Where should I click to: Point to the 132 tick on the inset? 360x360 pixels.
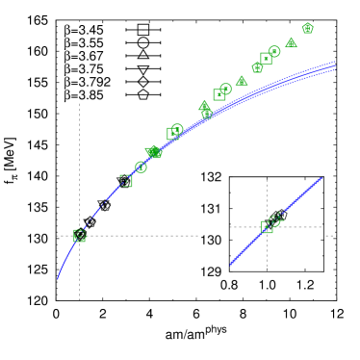pos(211,177)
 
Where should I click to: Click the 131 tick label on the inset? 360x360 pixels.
pos(211,207)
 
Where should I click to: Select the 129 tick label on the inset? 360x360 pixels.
pos(211,270)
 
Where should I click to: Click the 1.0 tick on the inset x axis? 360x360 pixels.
pos(268,286)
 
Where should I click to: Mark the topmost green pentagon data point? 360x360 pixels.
pos(308,28)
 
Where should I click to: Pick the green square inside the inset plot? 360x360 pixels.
pos(268,226)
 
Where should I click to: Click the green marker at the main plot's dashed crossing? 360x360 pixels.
pos(80,235)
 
